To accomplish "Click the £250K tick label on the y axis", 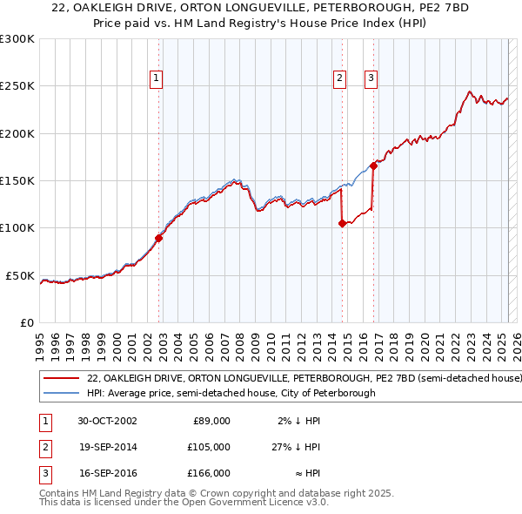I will pyautogui.click(x=17, y=86).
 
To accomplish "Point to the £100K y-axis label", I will pyautogui.click(x=17, y=228).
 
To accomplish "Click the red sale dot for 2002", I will pyautogui.click(x=159, y=238).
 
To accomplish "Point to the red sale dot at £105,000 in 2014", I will pyautogui.click(x=342, y=223).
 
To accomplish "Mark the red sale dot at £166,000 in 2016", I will pyautogui.click(x=373, y=165).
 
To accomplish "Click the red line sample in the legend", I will pyautogui.click(x=61, y=380).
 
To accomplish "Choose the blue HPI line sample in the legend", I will pyautogui.click(x=61, y=394).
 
